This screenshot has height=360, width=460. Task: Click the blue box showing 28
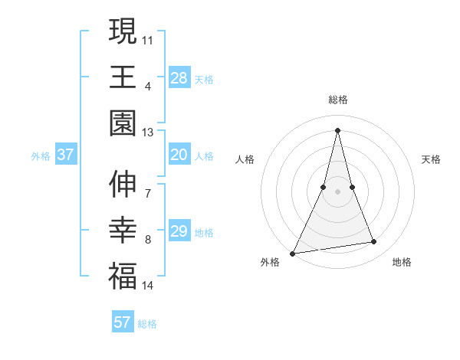pyautogui.click(x=179, y=77)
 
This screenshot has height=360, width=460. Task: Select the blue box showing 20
pyautogui.click(x=179, y=155)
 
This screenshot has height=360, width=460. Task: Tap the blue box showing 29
pyautogui.click(x=179, y=231)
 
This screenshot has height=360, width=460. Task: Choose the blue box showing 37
pyautogui.click(x=66, y=155)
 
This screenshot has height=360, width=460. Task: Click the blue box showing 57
pyautogui.click(x=122, y=322)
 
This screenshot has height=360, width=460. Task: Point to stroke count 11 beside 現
pyautogui.click(x=148, y=38)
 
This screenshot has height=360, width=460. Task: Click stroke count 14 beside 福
pyautogui.click(x=148, y=286)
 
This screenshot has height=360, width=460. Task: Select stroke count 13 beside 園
pyautogui.click(x=148, y=133)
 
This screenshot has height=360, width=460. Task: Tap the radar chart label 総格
pyautogui.click(x=338, y=100)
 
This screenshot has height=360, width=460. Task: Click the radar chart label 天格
pyautogui.click(x=432, y=159)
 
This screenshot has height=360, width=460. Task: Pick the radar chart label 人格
pyautogui.click(x=245, y=159)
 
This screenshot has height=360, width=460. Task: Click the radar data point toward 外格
pyautogui.click(x=293, y=253)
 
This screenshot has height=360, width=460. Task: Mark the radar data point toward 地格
pyautogui.click(x=374, y=242)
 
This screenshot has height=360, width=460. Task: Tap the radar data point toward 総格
pyautogui.click(x=337, y=129)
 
